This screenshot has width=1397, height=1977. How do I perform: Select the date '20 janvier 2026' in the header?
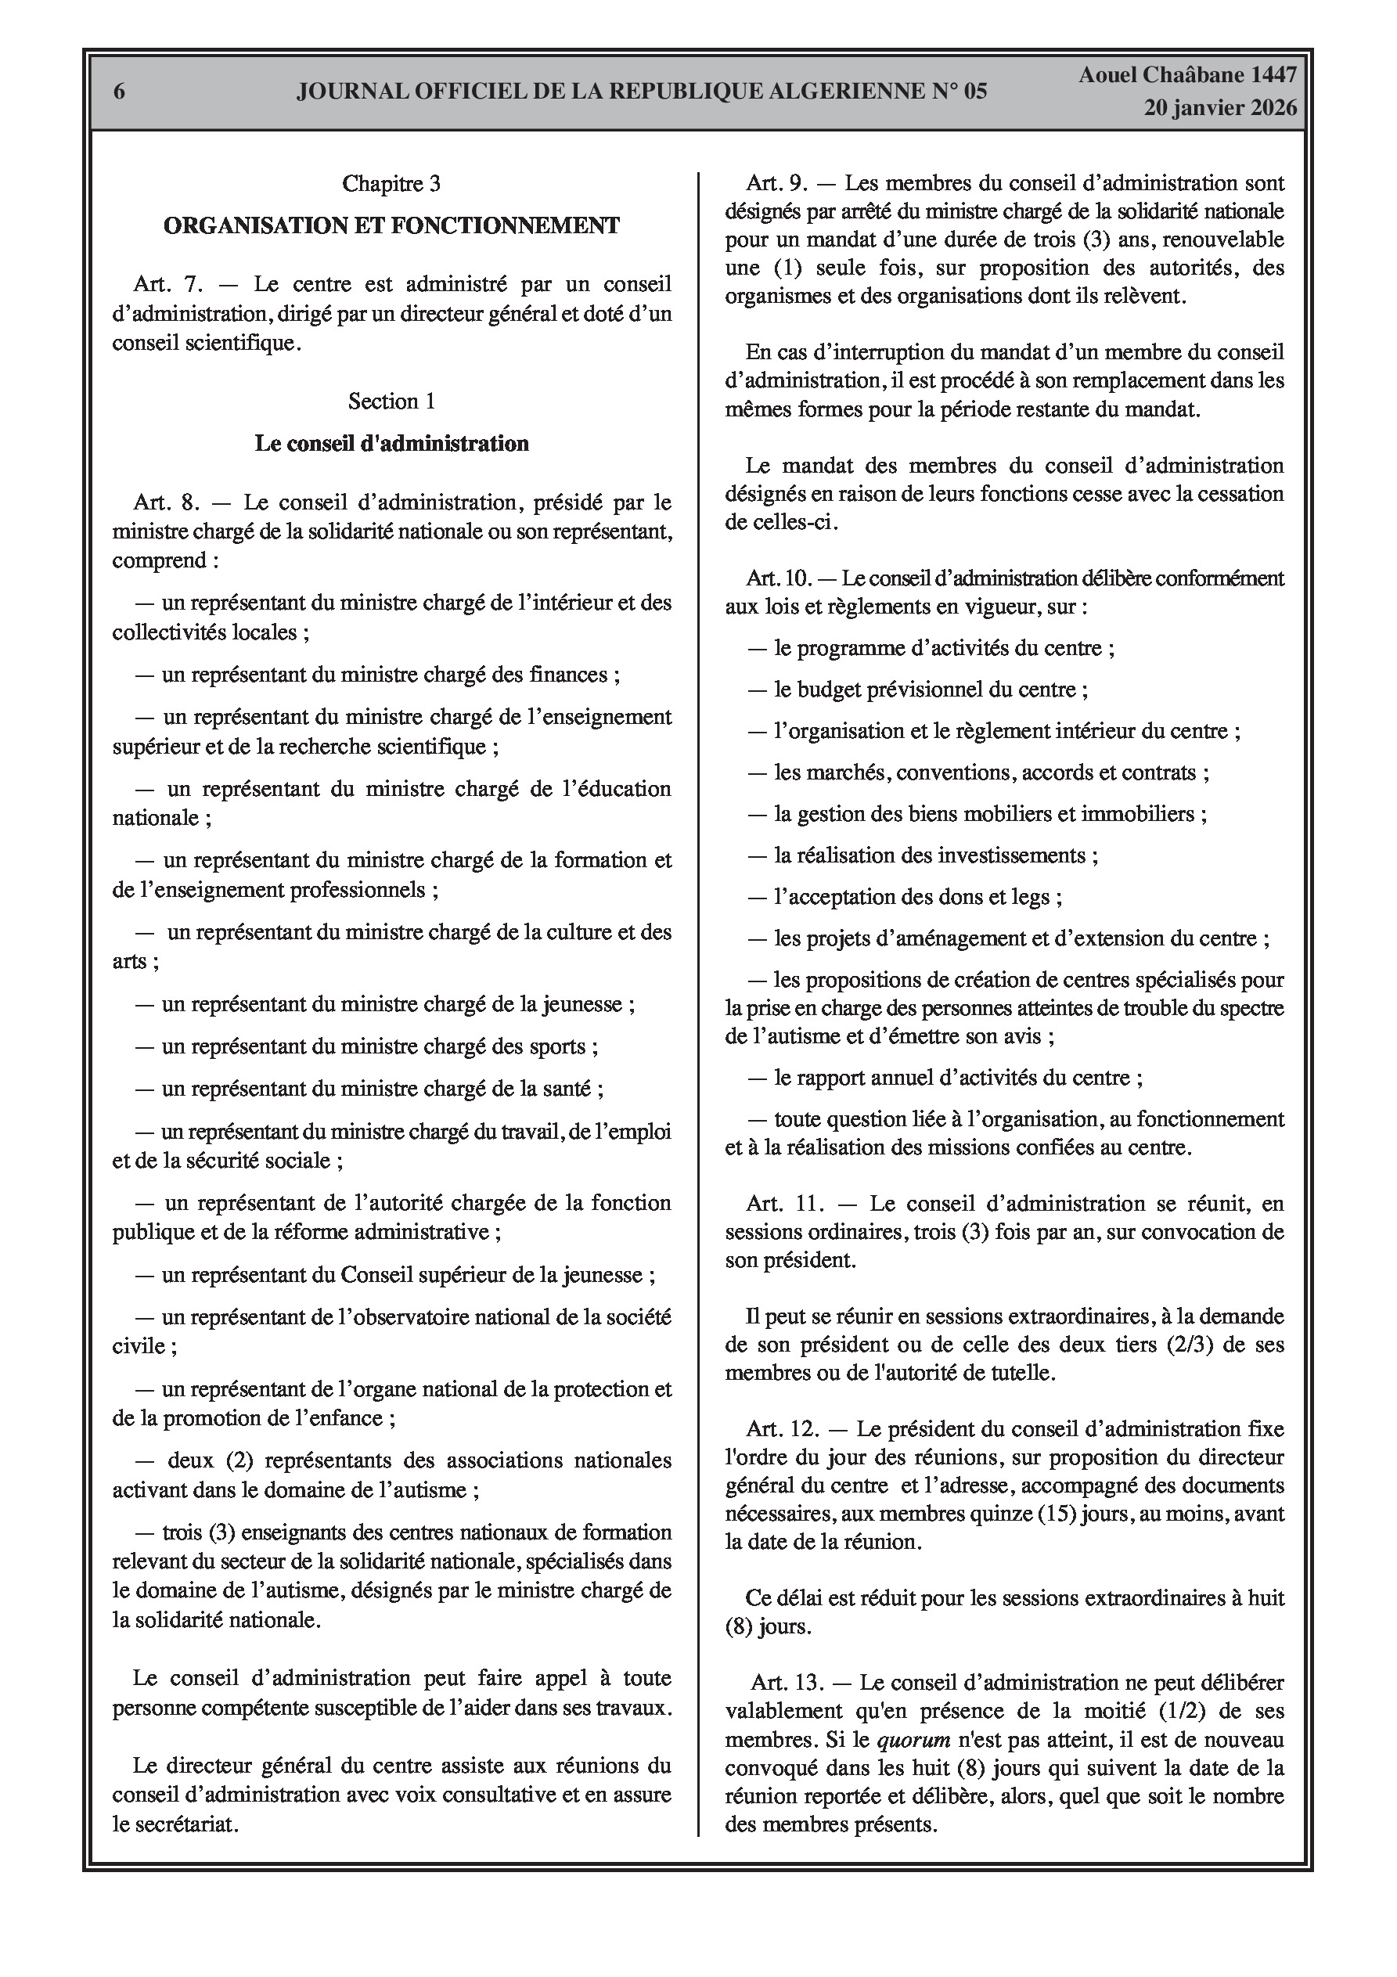tap(1219, 109)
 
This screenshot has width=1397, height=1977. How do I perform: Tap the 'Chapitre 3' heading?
tap(391, 183)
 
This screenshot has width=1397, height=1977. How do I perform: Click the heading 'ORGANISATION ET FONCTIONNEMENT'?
tap(391, 225)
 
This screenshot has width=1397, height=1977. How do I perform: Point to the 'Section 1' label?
tap(391, 402)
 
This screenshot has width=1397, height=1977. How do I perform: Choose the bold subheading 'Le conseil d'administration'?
tap(391, 444)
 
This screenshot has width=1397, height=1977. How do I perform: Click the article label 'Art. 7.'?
tap(169, 285)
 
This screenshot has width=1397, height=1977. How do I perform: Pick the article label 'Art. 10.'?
tap(780, 578)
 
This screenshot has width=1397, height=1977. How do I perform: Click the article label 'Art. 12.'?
tap(783, 1429)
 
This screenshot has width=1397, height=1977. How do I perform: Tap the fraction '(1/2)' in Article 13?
tap(1190, 1710)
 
